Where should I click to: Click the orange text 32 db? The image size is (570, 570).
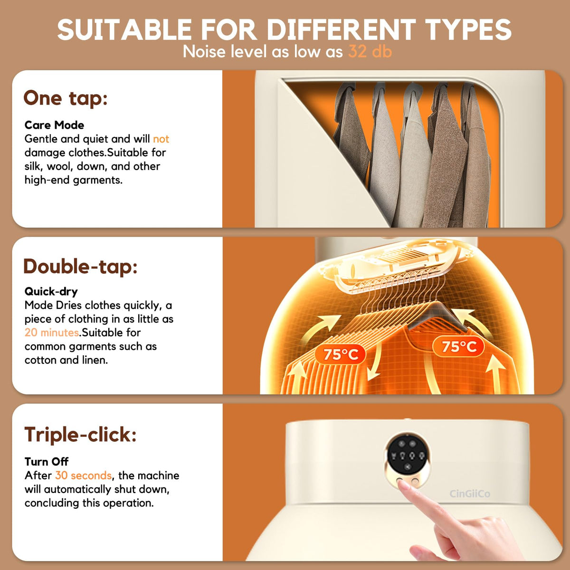[x=370, y=51]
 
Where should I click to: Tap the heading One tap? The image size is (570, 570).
[x=66, y=98]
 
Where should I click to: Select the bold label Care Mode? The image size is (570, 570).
[x=54, y=125]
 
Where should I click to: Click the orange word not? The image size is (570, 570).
[x=161, y=139]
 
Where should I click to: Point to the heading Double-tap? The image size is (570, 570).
[x=80, y=266]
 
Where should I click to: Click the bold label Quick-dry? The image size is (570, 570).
[x=51, y=292]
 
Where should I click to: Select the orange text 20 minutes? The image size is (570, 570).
[x=52, y=332]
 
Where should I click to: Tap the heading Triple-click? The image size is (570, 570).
[x=80, y=435]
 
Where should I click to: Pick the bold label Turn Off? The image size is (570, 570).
[x=47, y=461]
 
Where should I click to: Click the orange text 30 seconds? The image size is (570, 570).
[x=84, y=475]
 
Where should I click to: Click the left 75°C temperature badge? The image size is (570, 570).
[x=341, y=354]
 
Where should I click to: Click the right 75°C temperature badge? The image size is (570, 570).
[x=459, y=346]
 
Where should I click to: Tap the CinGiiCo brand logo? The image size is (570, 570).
[x=470, y=494]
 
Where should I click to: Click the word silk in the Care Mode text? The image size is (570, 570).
[x=32, y=166]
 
